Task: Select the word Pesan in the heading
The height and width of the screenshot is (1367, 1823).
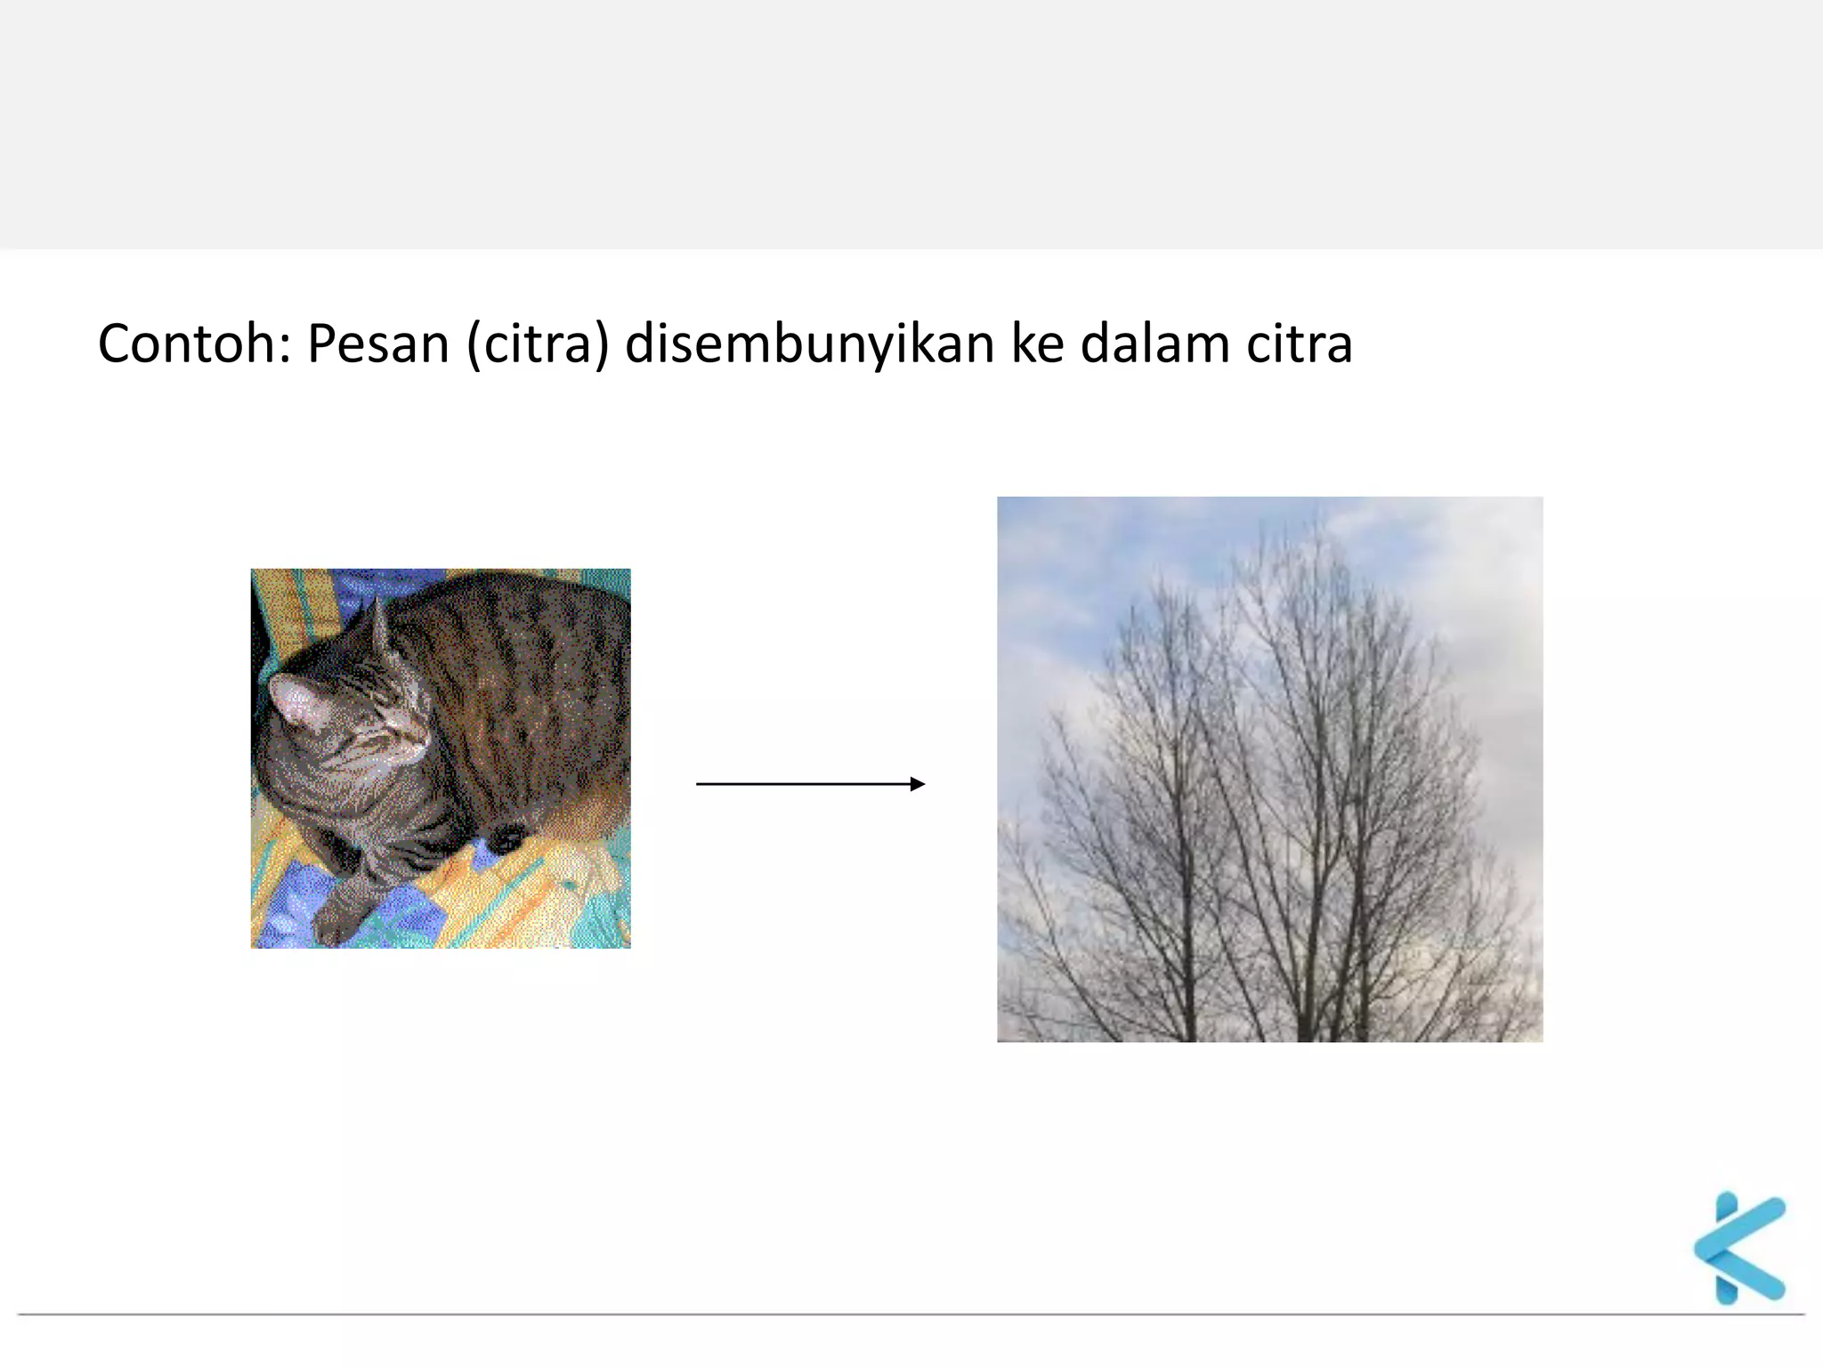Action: [377, 344]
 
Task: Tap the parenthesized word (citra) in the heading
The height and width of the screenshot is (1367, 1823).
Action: [538, 344]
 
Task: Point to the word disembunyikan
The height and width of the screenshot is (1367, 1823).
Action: [809, 344]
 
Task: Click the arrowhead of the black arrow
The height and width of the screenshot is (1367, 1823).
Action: [918, 783]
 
